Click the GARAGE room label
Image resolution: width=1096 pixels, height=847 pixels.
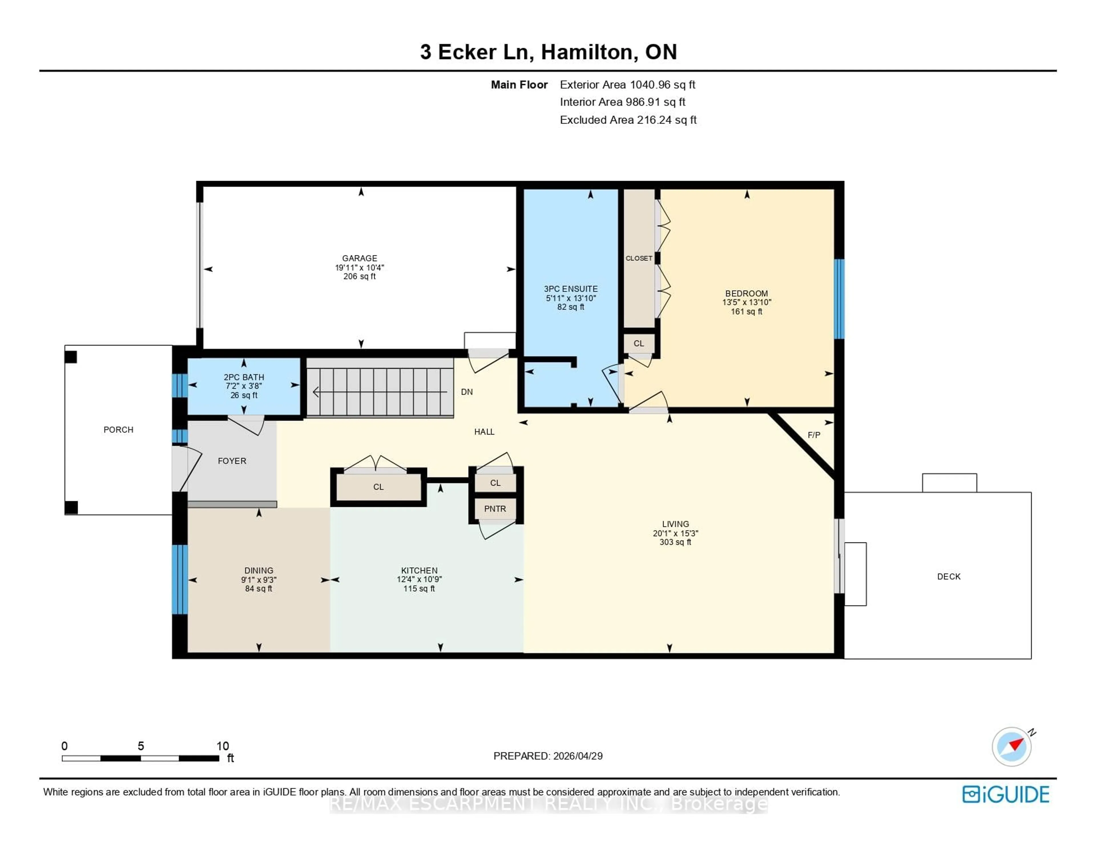359,258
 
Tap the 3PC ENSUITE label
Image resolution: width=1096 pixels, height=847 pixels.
571,289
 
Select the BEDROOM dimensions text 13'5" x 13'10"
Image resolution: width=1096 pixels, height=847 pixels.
746,302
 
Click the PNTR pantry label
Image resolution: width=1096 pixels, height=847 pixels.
495,509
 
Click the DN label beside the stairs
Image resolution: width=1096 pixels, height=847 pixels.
467,392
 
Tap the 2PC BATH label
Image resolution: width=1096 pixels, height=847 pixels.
244,377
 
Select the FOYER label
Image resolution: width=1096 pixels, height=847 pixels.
232,461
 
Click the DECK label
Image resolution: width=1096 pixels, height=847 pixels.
948,576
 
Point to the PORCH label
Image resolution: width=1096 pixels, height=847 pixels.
118,430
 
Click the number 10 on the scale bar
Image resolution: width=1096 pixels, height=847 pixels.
222,746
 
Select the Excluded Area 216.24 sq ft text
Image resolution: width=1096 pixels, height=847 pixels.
628,120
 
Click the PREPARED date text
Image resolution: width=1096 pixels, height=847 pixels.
548,756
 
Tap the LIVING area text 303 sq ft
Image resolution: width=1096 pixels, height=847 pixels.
675,542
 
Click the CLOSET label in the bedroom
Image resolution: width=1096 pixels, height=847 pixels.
639,258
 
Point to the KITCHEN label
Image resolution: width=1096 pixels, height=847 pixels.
419,570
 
